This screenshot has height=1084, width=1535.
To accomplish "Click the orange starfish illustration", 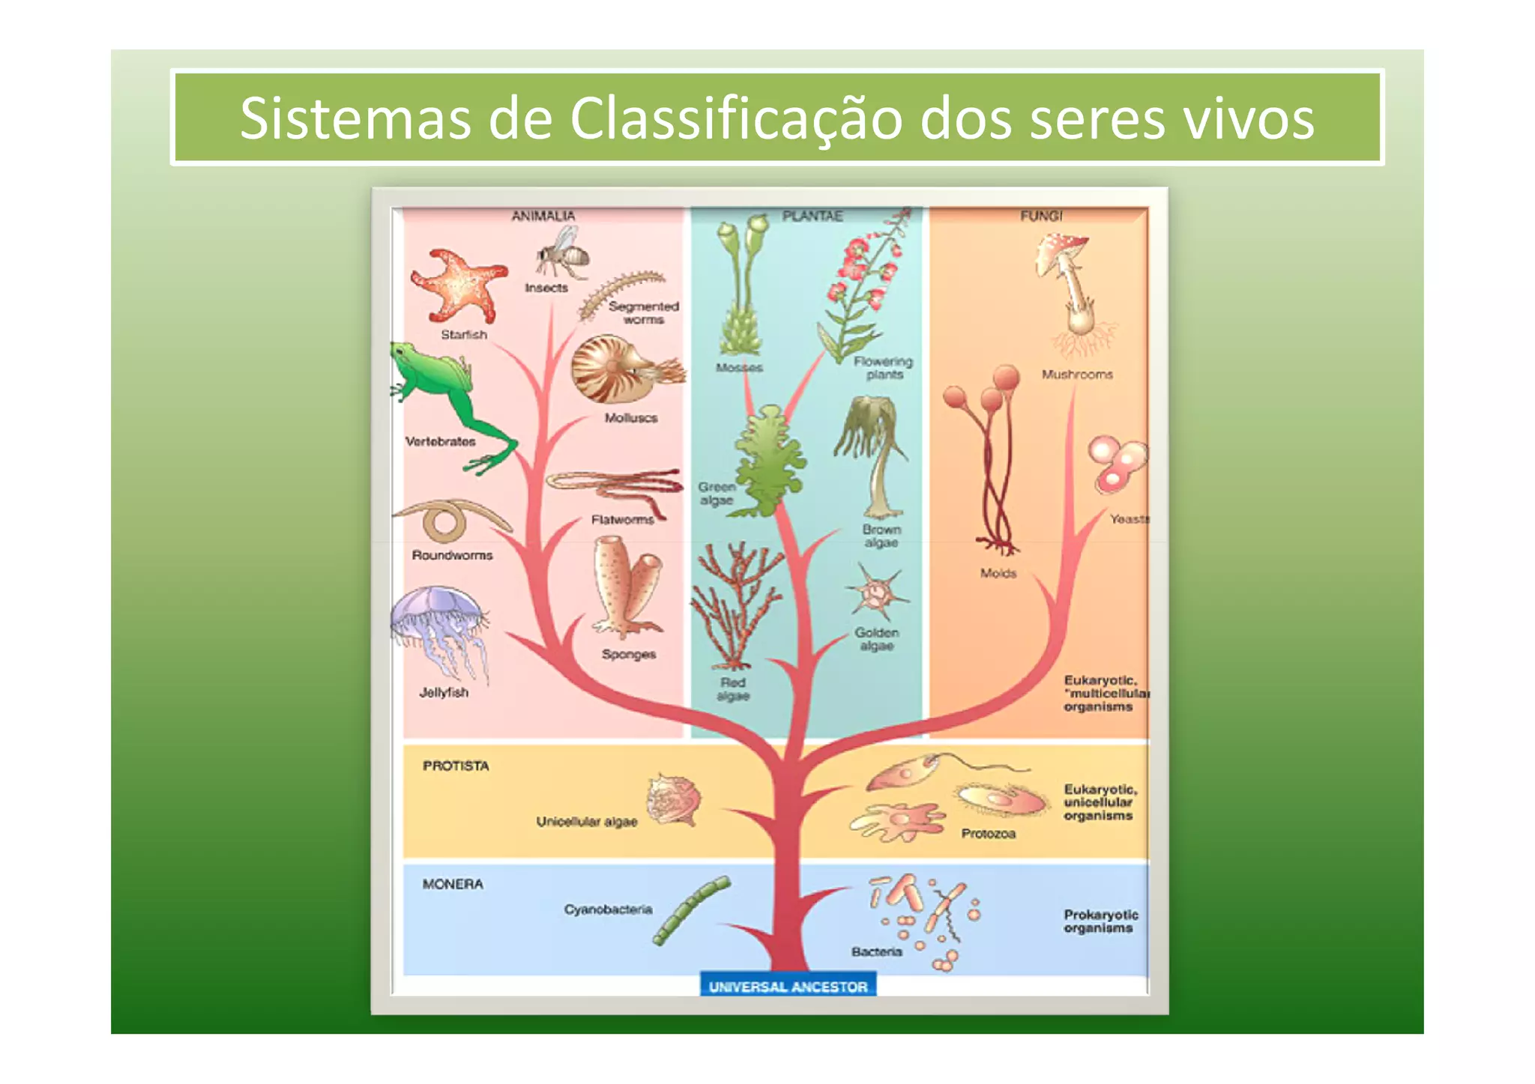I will tap(457, 286).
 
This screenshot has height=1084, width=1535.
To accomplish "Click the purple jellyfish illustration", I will tap(438, 626).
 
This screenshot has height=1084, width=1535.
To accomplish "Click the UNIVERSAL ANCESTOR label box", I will tap(788, 987).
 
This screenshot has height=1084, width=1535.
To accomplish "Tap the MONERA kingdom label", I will tap(453, 884).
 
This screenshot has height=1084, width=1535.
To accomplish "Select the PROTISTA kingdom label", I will tap(456, 766).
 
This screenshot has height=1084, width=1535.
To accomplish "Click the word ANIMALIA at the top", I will tap(543, 216).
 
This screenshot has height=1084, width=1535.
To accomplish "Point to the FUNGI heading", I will tap(1041, 216).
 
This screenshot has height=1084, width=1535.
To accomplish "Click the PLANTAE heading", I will tap(812, 216).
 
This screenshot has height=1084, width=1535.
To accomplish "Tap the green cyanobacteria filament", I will tap(691, 910).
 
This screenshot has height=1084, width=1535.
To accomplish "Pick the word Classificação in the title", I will tap(736, 118).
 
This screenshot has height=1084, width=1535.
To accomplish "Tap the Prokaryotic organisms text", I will tap(1100, 921).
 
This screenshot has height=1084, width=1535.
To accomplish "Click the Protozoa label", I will tap(988, 833).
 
